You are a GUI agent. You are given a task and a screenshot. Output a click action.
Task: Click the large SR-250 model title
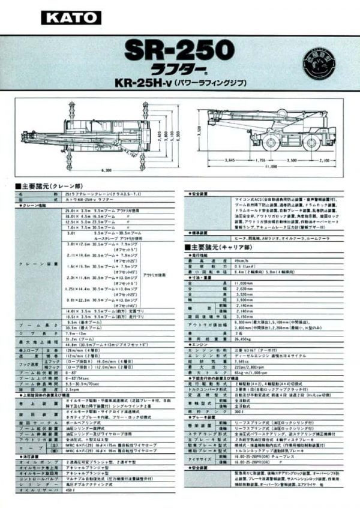point(174,49)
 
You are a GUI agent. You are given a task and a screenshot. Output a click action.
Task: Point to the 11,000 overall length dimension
point(268,167)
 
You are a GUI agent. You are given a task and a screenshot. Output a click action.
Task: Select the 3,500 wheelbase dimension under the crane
point(292,160)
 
